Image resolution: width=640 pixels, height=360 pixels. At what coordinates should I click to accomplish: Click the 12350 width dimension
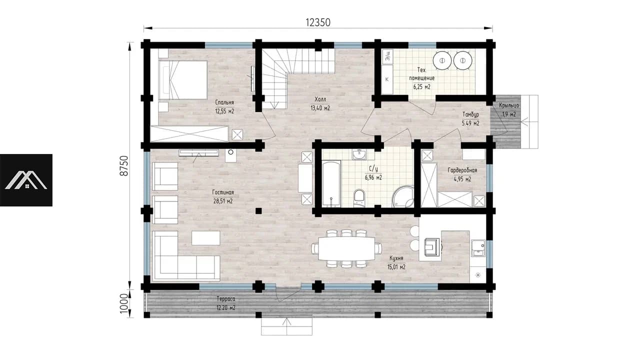point(318,22)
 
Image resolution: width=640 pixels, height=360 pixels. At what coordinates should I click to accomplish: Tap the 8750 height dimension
point(124,165)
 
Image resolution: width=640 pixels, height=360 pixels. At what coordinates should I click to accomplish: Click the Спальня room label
point(224,102)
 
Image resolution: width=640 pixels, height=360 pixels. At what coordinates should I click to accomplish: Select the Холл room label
point(320,99)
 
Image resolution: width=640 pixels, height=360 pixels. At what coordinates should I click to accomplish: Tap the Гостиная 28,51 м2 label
point(223,196)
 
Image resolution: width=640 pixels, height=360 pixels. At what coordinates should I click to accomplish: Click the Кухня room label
point(396,258)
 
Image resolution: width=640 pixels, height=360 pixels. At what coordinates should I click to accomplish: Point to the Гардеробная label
point(462,170)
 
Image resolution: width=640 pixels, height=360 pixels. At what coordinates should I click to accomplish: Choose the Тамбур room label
point(470,114)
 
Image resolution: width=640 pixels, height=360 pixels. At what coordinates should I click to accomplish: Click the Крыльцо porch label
point(509,105)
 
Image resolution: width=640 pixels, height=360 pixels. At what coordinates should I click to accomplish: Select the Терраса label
point(225,299)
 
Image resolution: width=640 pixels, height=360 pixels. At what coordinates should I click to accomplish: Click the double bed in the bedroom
point(183,79)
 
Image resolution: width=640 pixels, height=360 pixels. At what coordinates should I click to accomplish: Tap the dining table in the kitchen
point(346,248)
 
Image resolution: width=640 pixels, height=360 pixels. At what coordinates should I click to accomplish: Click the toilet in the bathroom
point(359,197)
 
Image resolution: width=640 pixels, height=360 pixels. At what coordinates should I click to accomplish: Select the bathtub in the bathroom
point(331,183)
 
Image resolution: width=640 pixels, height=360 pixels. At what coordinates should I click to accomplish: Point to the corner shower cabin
point(403,197)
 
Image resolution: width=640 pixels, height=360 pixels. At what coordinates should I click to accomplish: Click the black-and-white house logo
point(26,180)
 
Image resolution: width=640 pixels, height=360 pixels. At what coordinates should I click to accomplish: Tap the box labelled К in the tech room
point(387,79)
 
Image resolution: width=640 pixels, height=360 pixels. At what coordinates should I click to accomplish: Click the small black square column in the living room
point(258,211)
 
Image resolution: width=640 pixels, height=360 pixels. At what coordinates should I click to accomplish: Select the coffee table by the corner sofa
point(206,238)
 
